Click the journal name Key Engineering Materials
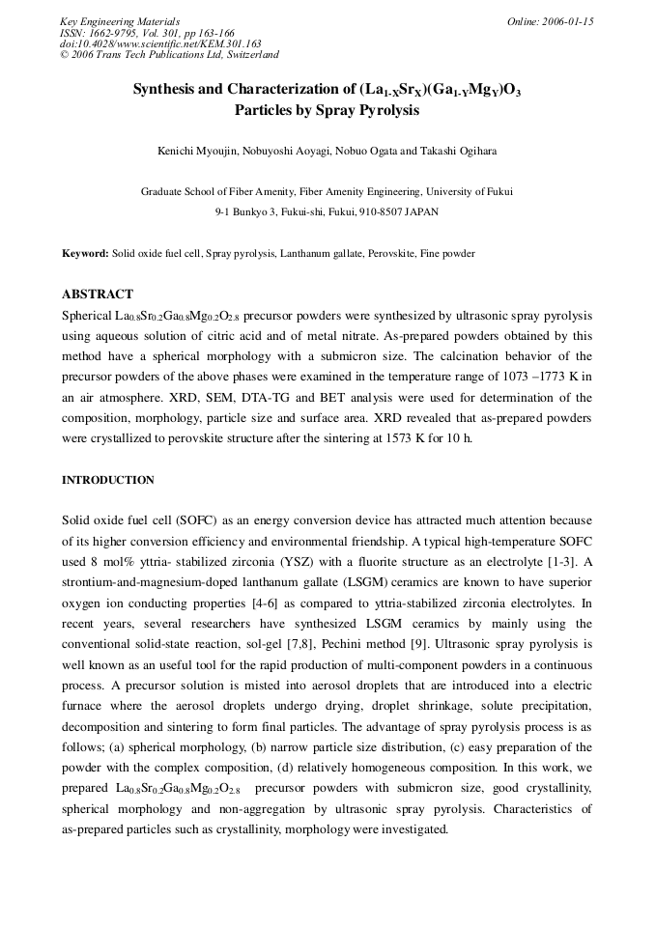pyautogui.click(x=120, y=21)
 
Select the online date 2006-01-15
pyautogui.click(x=564, y=21)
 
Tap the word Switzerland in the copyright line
pyautogui.click(x=247, y=56)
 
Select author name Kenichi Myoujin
pyautogui.click(x=198, y=151)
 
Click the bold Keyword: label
pyautogui.click(x=85, y=253)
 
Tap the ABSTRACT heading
pyautogui.click(x=98, y=295)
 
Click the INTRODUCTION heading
pyautogui.click(x=108, y=480)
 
